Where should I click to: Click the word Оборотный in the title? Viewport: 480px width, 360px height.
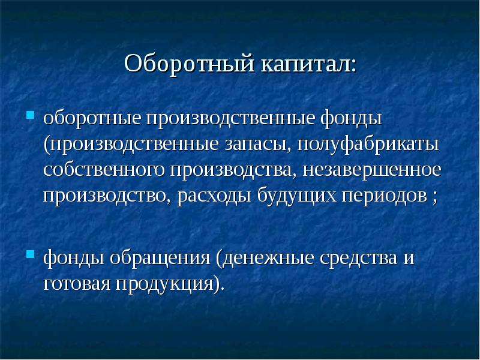tap(190, 64)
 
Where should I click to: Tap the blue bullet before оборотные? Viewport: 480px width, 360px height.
tap(30, 115)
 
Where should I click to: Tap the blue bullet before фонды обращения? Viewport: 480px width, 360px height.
tap(30, 254)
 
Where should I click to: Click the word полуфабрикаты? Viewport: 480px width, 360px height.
tap(368, 145)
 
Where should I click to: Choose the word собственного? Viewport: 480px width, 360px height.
tap(104, 170)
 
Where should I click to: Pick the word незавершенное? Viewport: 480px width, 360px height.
tap(372, 170)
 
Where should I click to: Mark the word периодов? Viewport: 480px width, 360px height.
tap(384, 196)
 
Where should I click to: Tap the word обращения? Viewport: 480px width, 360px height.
tap(160, 258)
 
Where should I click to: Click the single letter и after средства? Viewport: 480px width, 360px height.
tap(408, 259)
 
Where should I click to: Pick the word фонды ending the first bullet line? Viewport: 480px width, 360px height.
tap(351, 119)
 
